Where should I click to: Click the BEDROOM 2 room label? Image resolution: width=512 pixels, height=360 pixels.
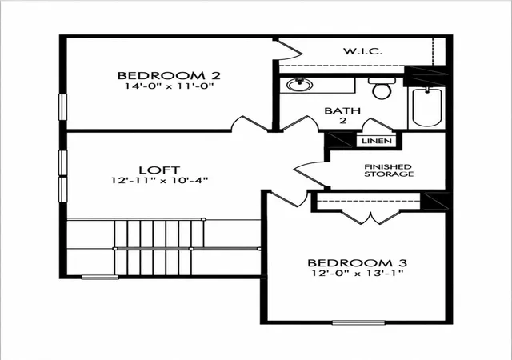pos(169,75)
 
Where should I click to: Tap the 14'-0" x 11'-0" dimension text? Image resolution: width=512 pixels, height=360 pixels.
pos(169,86)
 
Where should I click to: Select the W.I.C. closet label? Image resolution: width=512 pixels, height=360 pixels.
pos(362,51)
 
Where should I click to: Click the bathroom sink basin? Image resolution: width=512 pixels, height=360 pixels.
pos(300,85)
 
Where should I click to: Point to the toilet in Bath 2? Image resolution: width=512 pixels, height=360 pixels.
pos(382,88)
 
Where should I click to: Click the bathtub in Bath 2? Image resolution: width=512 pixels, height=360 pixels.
pos(427,106)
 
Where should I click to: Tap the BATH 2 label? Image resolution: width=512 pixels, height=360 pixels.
pos(342,115)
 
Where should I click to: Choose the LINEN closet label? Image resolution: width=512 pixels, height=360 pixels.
pos(377,141)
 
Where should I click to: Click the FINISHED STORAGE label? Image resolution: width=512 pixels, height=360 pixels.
pos(389,170)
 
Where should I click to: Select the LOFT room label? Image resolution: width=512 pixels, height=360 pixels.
pos(159,170)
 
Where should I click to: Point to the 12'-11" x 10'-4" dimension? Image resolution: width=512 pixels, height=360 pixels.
pos(159,180)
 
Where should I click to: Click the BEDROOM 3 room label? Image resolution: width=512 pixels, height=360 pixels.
pos(358,263)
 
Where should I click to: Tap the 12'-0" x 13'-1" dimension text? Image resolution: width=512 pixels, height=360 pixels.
pos(358,273)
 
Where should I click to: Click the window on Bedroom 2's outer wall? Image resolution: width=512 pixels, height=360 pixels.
pos(62,107)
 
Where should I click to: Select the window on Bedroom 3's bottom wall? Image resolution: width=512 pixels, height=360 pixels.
pos(358,322)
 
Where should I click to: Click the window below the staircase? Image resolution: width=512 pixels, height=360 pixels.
pos(100,278)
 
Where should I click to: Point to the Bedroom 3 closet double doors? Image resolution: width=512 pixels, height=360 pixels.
pos(370,218)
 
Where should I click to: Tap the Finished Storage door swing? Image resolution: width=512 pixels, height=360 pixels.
pos(310,174)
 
